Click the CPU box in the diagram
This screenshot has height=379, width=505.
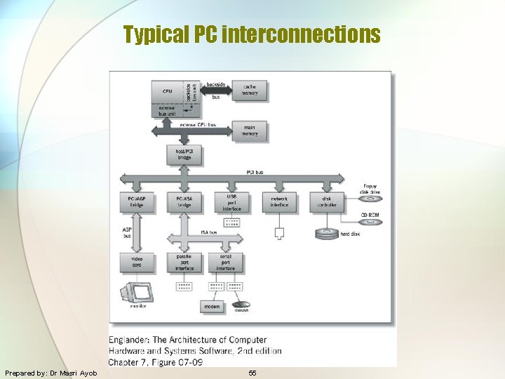point(167,91)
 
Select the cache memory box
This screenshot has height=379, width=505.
point(249,90)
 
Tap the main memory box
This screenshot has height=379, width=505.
point(249,131)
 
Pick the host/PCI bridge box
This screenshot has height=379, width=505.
point(184,154)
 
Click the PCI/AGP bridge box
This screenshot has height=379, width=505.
point(136,202)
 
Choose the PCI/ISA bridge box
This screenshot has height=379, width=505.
point(184,202)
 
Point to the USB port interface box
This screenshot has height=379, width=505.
point(231,201)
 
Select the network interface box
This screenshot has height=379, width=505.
point(279,202)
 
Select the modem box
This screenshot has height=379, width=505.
point(211,306)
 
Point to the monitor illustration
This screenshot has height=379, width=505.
point(137,291)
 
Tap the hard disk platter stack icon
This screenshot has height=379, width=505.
point(327,234)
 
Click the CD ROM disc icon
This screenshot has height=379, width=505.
point(370,222)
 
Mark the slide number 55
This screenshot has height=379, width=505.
point(252,373)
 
